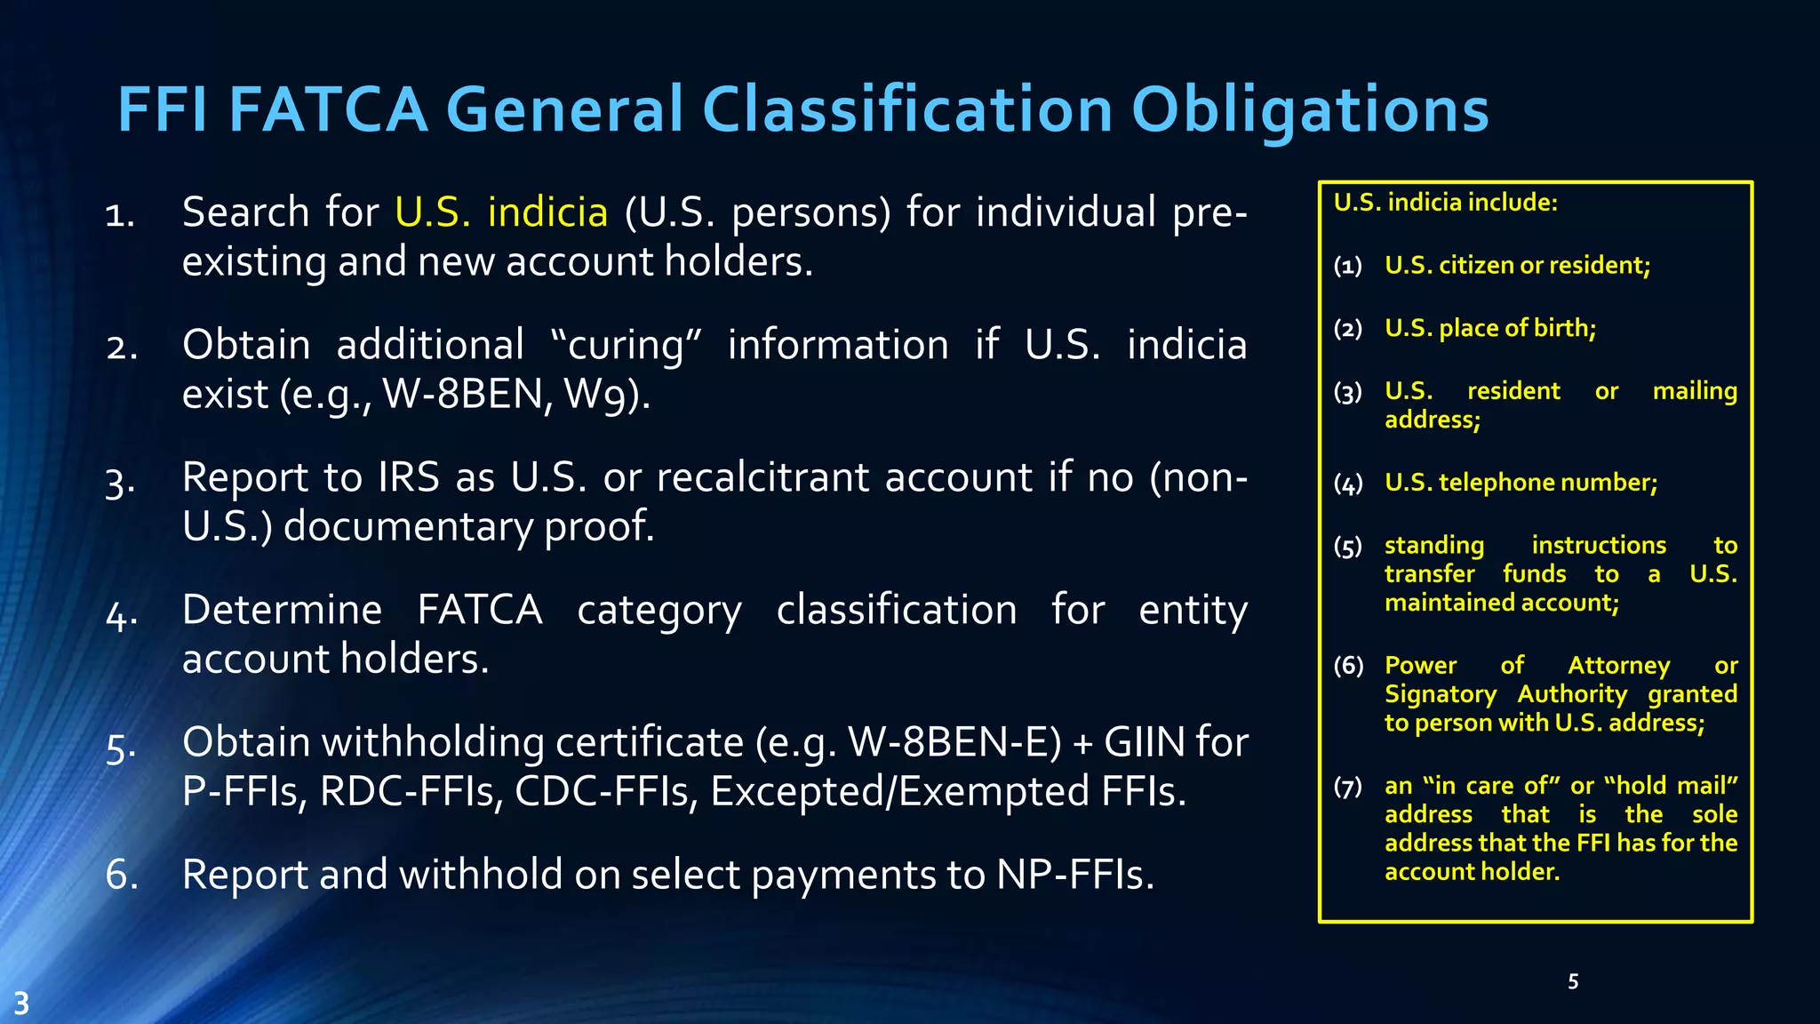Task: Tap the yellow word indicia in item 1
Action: pos(547,212)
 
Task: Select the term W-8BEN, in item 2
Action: pos(463,394)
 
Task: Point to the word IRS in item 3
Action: pos(408,477)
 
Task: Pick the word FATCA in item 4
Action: pos(480,611)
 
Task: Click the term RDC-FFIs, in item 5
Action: pos(409,791)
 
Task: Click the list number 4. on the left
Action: pos(122,614)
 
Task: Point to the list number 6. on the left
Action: pos(122,875)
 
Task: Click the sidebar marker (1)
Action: pos(1348,266)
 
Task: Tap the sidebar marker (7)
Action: pos(1348,787)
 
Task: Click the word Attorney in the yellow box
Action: pos(1618,666)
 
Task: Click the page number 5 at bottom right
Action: pos(1573,981)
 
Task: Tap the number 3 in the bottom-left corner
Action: pos(21,1004)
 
